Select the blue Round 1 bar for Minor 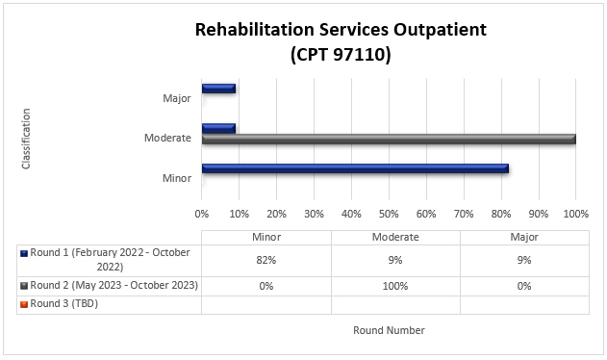355,169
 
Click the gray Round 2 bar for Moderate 389,140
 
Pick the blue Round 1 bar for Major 218,89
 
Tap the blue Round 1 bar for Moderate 218,127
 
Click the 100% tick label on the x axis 575,213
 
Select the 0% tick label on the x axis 202,213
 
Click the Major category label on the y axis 176,98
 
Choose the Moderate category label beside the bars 167,138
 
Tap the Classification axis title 27,139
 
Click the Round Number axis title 389,330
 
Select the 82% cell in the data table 266,260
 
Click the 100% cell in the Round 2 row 395,286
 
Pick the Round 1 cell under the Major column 525,260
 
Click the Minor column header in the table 266,238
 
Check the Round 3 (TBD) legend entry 64,303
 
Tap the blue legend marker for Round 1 24,253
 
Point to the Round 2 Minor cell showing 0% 266,286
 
